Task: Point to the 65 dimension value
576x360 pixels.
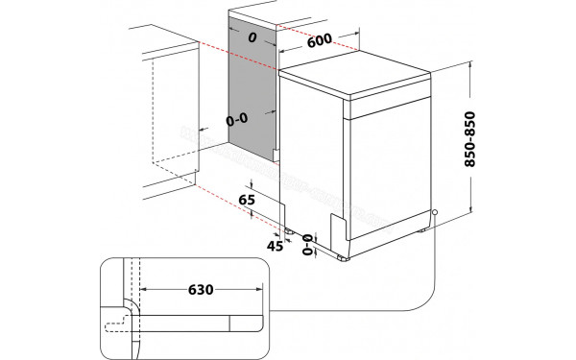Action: pyautogui.click(x=247, y=200)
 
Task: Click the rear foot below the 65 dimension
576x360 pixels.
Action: pyautogui.click(x=288, y=231)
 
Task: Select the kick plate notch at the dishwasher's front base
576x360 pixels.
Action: pyautogui.click(x=338, y=231)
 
